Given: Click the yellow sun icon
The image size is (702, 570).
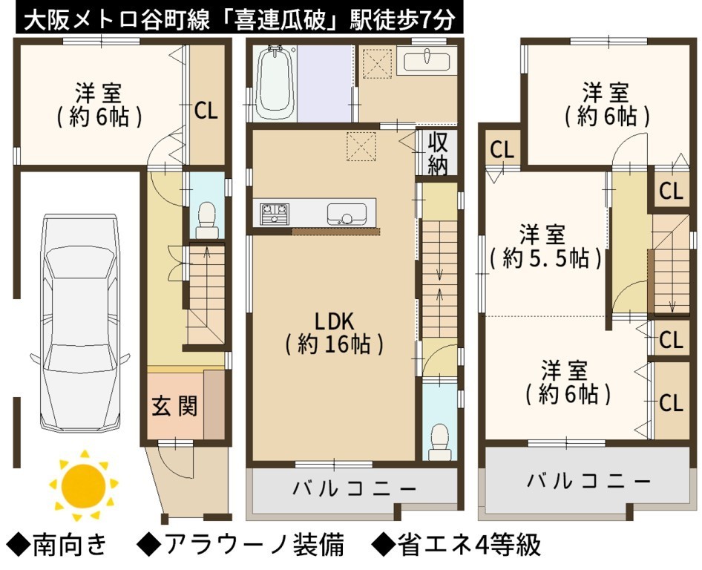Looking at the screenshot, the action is point(84,485).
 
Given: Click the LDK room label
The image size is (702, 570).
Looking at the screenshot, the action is point(334,322).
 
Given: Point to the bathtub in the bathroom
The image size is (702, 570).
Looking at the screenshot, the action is point(274,83).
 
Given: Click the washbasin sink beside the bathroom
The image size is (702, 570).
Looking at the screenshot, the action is point(427,62).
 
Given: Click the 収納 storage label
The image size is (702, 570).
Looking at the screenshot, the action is point(437,153).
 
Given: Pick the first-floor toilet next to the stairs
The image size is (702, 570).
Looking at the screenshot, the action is point(207,220).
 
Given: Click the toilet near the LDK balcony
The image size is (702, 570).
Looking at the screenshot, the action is point(439,441).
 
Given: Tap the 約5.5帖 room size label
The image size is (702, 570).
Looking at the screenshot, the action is point(545,258).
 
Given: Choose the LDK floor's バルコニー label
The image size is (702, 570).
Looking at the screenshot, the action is point(353,488).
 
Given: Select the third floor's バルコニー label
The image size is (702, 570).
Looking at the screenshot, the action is point(588,482).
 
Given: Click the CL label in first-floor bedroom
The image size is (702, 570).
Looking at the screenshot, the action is point(206,110).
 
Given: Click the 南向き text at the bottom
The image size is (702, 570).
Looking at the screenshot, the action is point(70,545).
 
